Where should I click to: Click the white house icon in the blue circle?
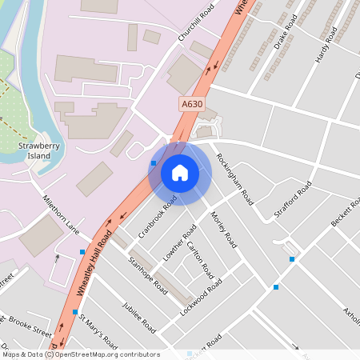coord(180,173)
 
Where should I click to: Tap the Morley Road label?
coord(222,228)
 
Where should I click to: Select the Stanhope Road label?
coord(147,274)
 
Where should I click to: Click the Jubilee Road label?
coord(138,315)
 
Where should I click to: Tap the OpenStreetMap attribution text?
coord(80,354)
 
